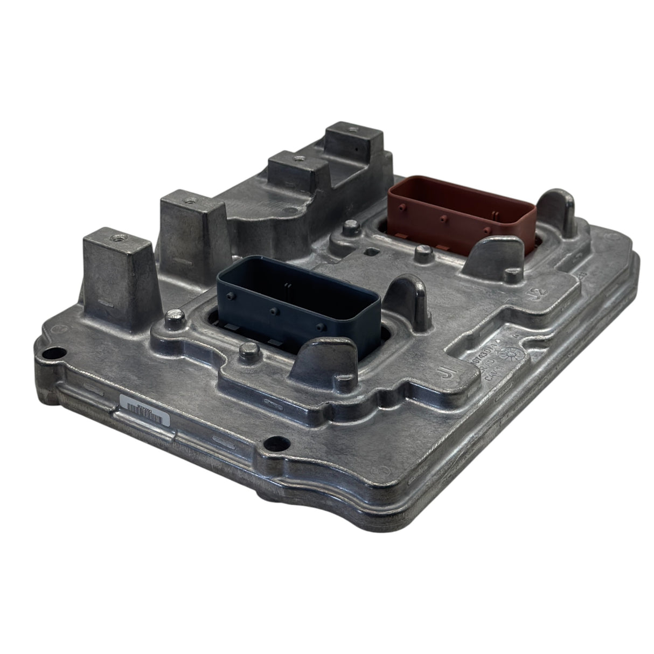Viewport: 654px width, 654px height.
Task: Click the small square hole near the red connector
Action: coord(371,251)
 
